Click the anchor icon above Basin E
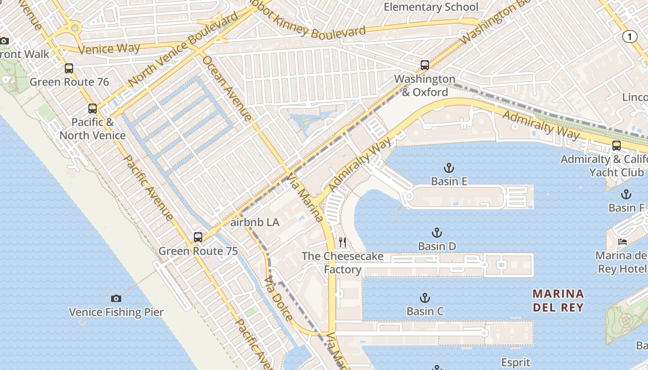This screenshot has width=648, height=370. tap(449, 168)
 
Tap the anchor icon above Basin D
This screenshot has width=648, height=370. tap(437, 233)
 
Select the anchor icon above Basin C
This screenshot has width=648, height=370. tap(424, 298)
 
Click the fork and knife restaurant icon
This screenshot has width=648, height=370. tap(343, 242)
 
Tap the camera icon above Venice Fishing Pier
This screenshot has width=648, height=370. tap(116, 299)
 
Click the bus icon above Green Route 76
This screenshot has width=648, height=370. tap(69, 68)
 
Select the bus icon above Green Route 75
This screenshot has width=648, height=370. tap(198, 237)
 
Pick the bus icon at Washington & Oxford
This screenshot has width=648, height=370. tap(424, 65)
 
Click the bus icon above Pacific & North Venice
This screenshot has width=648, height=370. tap(93, 109)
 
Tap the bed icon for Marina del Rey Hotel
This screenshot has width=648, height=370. tap(623, 242)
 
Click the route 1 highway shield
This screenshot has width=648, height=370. tap(629, 37)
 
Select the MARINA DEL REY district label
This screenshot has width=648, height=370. tap(558, 300)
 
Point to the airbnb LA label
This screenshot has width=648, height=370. tap(255, 222)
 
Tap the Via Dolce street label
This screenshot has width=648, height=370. tap(278, 298)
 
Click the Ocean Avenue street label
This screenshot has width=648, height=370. tap(227, 88)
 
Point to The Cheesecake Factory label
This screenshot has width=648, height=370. tap(343, 263)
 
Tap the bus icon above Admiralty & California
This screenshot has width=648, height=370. tap(616, 146)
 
